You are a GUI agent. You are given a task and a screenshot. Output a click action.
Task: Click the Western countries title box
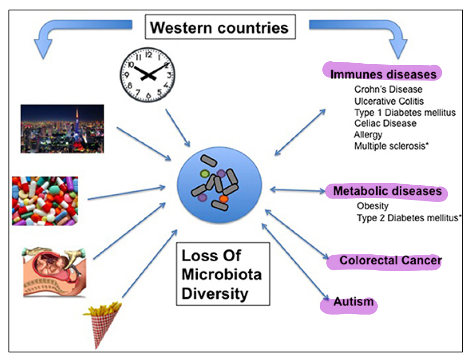click(220, 27)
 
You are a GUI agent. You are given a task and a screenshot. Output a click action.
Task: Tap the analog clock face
click(148, 74)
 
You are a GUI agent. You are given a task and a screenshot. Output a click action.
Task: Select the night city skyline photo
click(62, 128)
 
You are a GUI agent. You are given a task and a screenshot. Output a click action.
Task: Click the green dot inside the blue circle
click(204, 174)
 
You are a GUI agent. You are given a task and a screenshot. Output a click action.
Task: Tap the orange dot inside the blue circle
click(224, 199)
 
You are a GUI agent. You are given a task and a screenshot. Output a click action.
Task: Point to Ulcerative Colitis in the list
click(389, 101)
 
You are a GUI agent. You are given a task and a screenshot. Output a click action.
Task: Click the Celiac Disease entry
click(385, 123)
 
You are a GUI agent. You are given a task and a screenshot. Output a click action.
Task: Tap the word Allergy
click(368, 134)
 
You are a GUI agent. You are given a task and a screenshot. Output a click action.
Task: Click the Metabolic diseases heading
click(387, 191)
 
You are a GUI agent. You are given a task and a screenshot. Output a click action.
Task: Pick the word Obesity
click(373, 206)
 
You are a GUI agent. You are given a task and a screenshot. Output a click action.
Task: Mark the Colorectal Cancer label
click(390, 260)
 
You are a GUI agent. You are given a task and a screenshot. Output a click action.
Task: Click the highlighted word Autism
click(353, 301)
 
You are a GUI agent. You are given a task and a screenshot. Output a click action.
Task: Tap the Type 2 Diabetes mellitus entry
click(409, 217)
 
